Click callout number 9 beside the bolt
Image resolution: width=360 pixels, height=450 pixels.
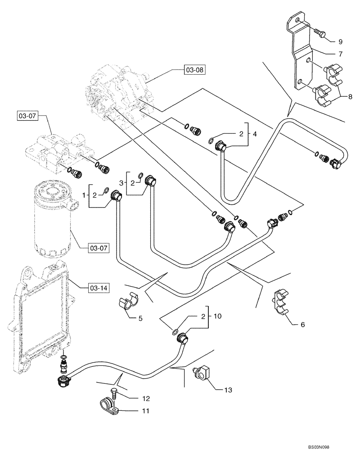click(x=340, y=40)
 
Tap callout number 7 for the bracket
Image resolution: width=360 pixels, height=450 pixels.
click(x=340, y=54)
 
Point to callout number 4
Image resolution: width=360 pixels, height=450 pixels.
click(x=254, y=134)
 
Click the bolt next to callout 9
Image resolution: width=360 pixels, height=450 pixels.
click(x=319, y=32)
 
